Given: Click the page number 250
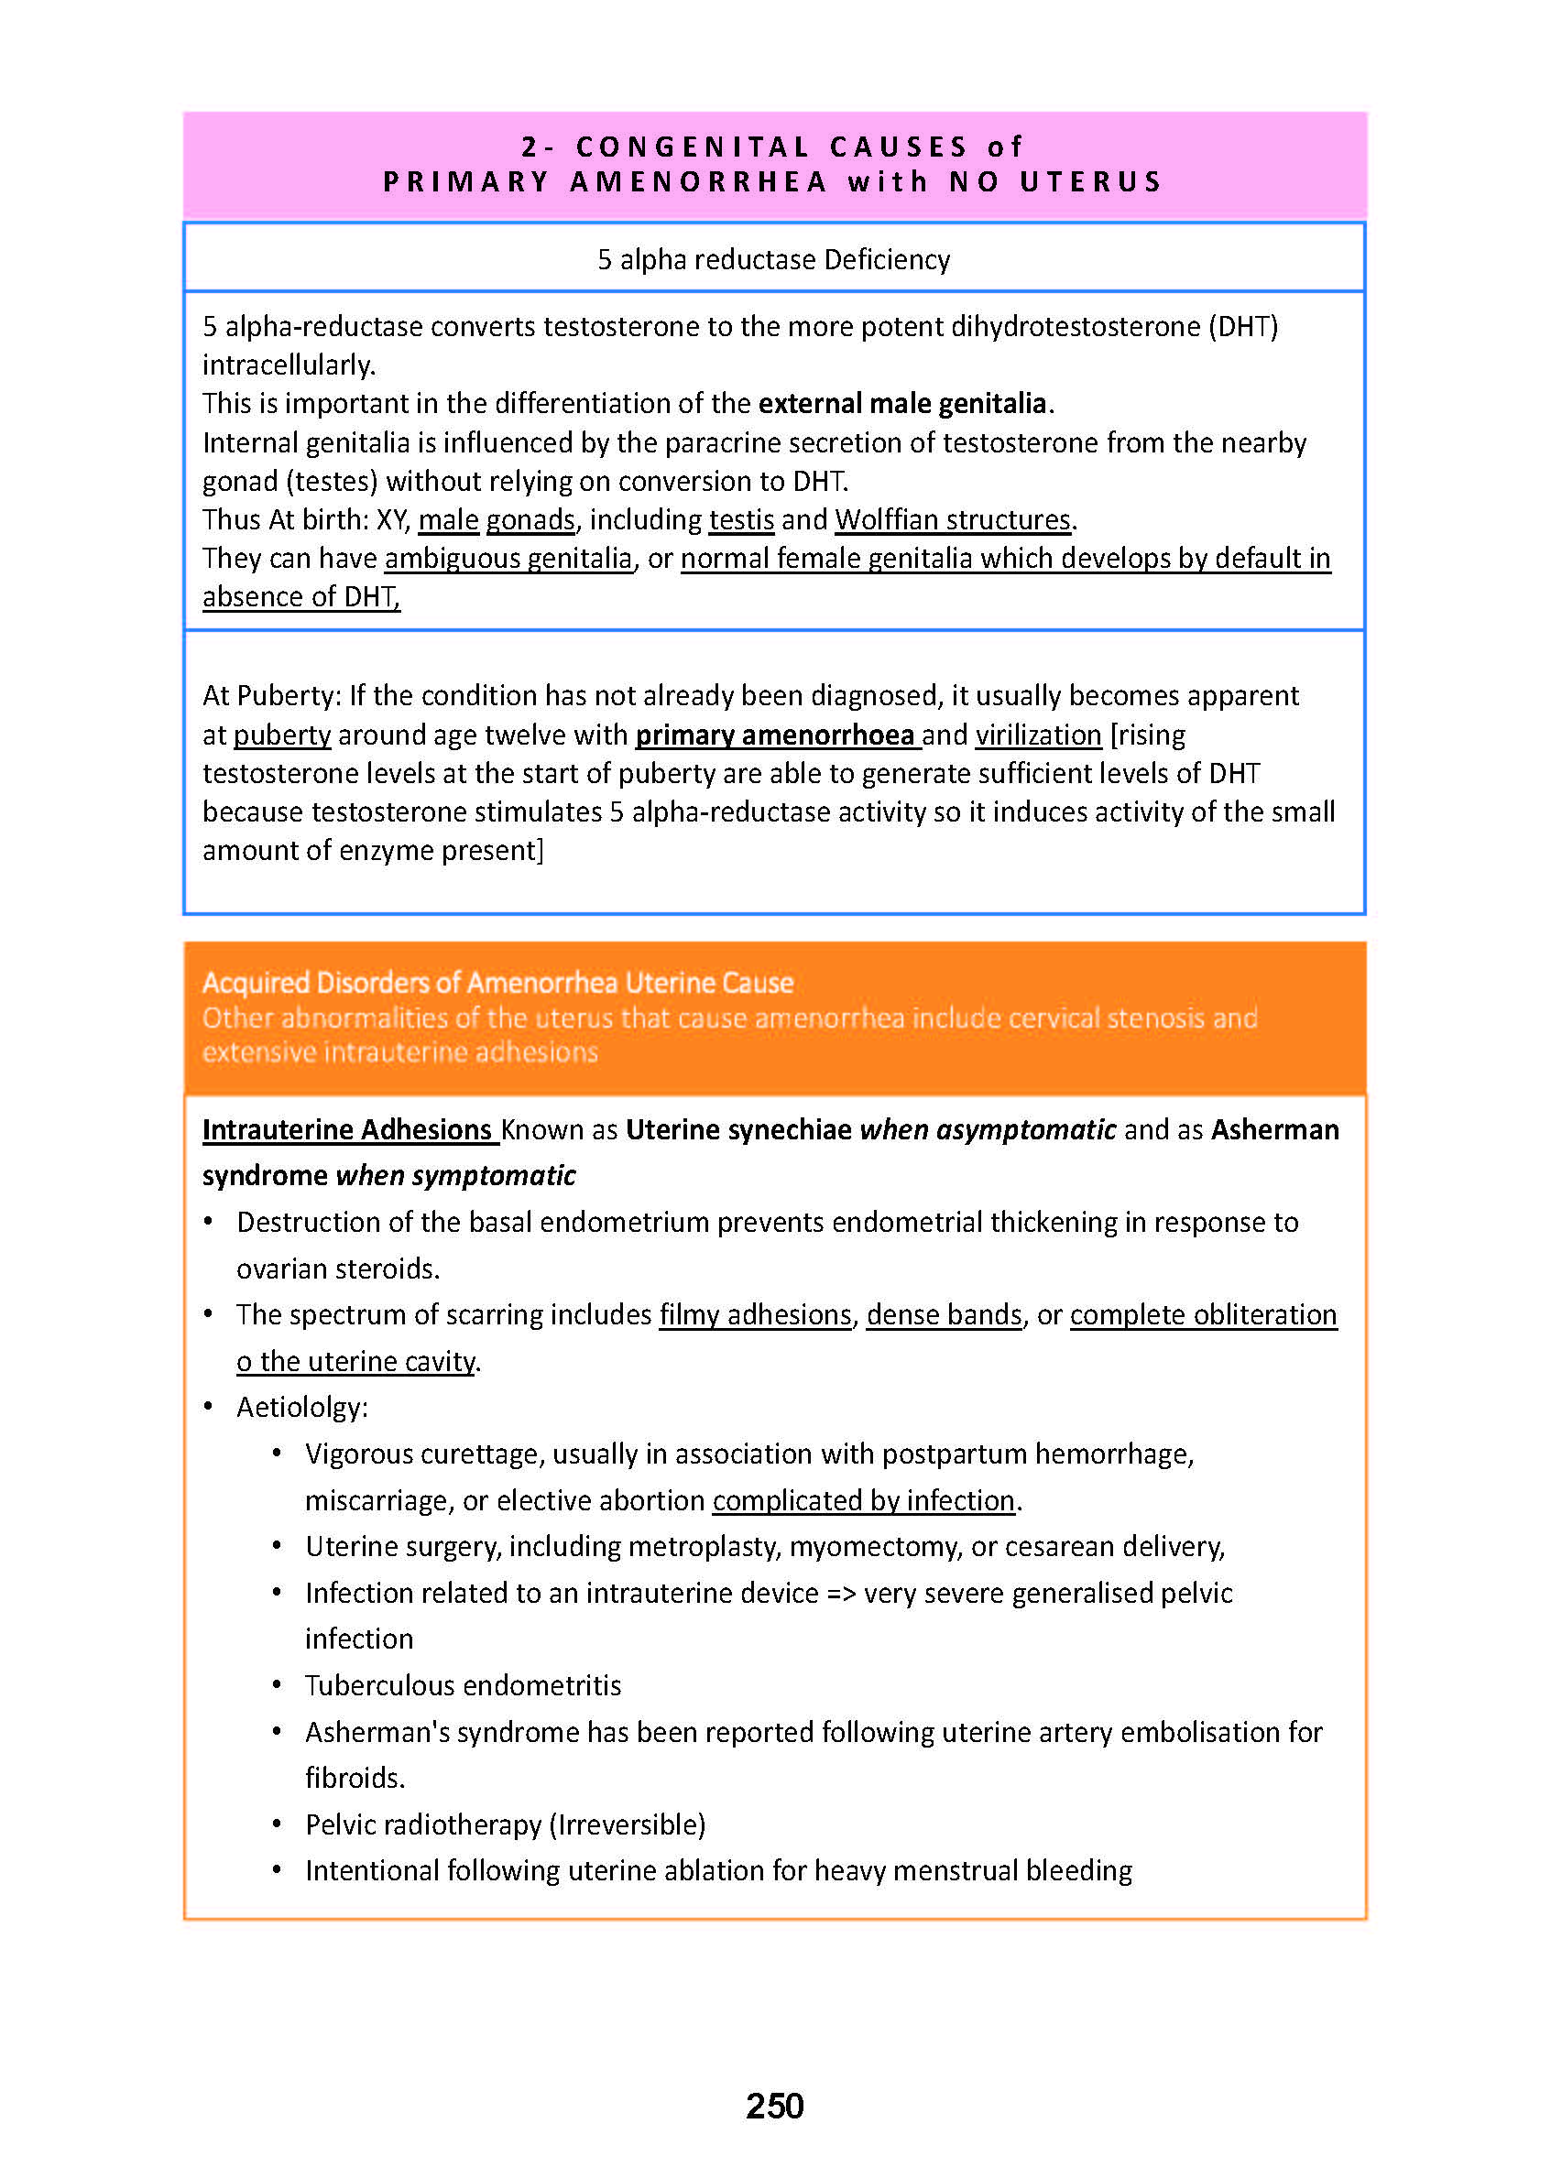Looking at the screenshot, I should click(x=774, y=2106).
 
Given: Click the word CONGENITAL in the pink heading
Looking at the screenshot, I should click(x=693, y=147).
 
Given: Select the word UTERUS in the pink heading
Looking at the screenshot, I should click(x=1091, y=181).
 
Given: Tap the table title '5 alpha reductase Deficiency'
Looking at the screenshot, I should click(x=773, y=260).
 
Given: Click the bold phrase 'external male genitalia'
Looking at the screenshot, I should click(x=902, y=404).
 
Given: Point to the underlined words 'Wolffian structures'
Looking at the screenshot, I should click(x=952, y=519).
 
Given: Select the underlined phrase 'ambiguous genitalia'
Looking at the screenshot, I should click(x=508, y=558).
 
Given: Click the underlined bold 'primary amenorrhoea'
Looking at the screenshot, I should click(x=774, y=735).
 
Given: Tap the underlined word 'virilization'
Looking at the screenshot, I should click(x=1038, y=735).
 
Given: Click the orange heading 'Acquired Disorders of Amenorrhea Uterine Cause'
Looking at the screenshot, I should click(x=497, y=983).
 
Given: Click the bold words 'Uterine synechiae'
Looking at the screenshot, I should click(x=738, y=1129).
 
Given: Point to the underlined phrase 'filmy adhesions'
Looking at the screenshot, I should click(x=755, y=1315).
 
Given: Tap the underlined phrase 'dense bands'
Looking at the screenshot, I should click(x=944, y=1315).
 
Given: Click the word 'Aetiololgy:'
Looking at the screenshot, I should click(x=301, y=1408).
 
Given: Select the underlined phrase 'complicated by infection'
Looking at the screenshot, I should click(x=863, y=1500).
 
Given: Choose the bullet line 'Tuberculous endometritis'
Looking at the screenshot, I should click(x=464, y=1685).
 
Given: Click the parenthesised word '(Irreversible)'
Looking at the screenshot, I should click(x=628, y=1824).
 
